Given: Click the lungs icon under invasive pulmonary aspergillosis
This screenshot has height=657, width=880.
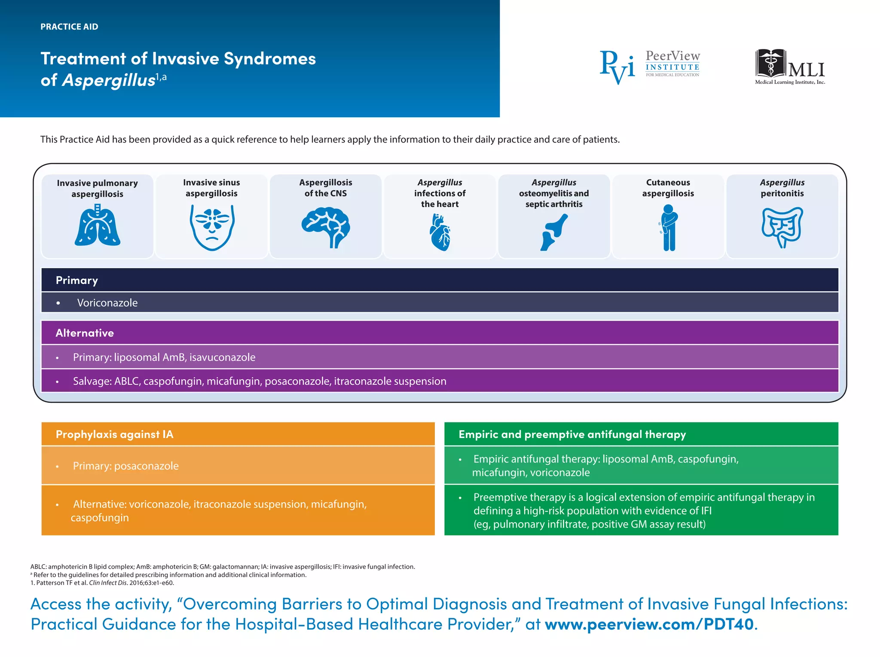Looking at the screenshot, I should [x=98, y=225].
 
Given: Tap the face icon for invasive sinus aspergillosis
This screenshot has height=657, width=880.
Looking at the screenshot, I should [x=212, y=227].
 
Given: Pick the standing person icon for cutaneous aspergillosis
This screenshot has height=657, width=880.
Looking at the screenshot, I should [x=668, y=228].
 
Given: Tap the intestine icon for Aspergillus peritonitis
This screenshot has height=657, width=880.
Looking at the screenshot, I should [x=782, y=227].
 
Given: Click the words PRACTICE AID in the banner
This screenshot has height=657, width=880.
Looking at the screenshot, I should [x=69, y=27].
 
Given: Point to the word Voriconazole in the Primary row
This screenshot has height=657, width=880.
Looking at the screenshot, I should [x=107, y=303].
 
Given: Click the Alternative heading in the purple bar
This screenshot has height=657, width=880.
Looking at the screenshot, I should [x=85, y=333].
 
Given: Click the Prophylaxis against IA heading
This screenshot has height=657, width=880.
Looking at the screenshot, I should [x=114, y=434].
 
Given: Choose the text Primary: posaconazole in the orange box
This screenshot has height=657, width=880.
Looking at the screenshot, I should [x=125, y=466].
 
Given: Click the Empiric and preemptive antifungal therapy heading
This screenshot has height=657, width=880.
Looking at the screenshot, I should [x=572, y=434].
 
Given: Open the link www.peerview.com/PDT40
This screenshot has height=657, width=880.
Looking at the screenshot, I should [x=649, y=624].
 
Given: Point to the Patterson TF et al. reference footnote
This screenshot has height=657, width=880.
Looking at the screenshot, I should [x=102, y=583].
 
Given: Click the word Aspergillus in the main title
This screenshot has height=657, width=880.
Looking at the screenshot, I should [x=108, y=80].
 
